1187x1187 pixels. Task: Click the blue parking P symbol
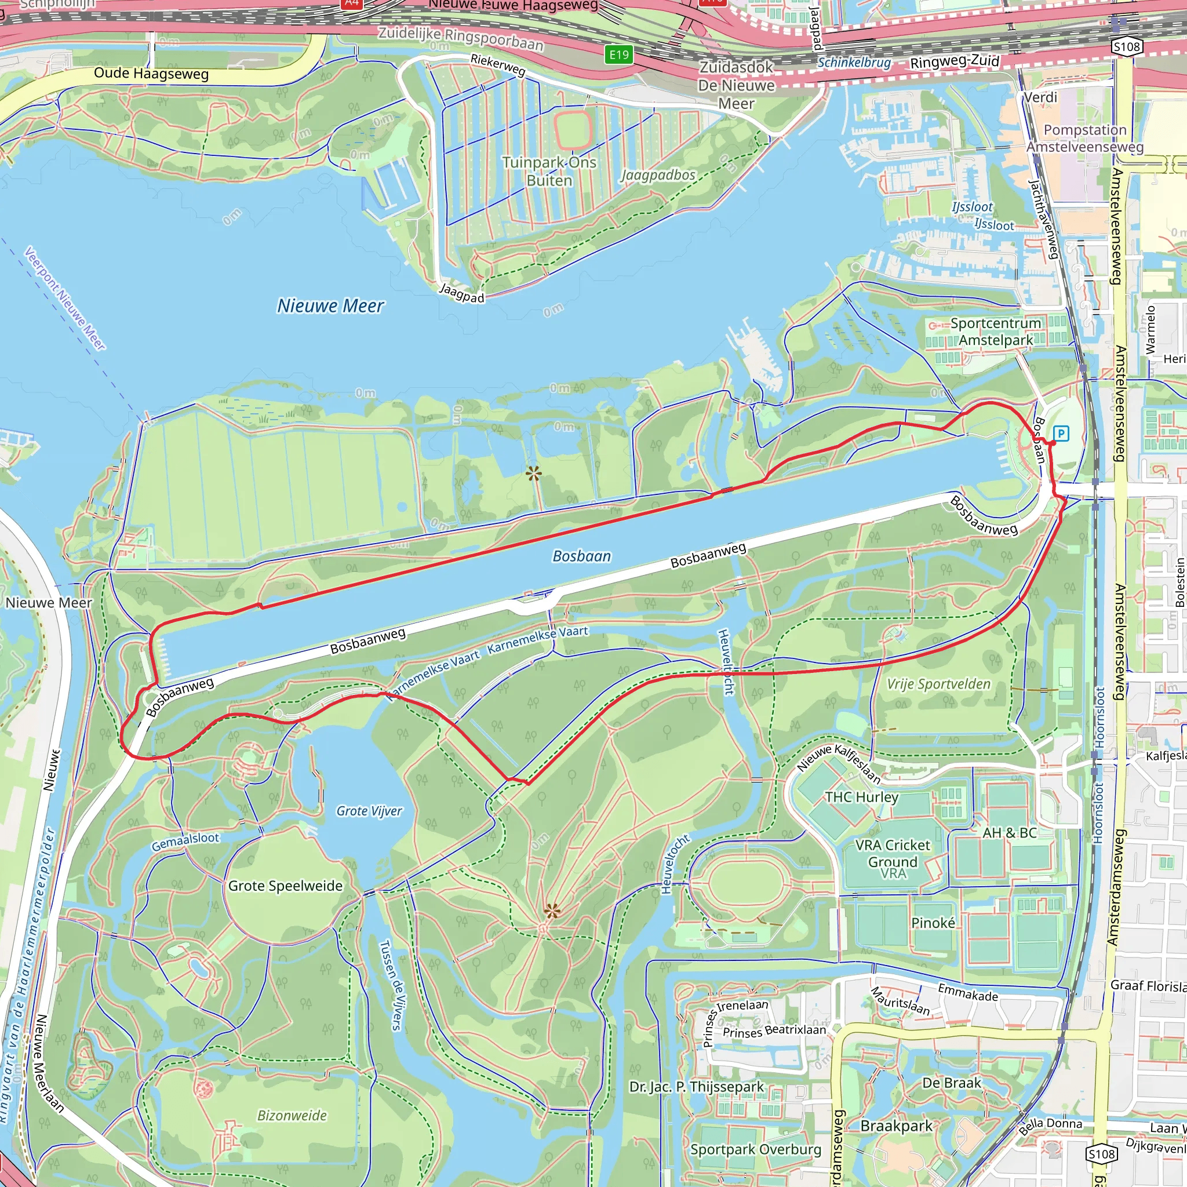point(1061,433)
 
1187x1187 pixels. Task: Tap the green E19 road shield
point(618,54)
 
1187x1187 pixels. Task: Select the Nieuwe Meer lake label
point(330,305)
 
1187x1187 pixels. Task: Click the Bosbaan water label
point(581,556)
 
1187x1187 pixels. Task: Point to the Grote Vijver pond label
point(369,811)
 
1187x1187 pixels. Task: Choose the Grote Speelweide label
point(285,886)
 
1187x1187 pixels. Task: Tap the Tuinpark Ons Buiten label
point(549,172)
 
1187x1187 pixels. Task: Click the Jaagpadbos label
point(657,175)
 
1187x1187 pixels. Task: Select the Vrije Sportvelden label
point(938,684)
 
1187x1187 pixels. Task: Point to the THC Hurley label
point(861,797)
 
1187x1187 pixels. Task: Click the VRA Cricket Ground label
point(893,853)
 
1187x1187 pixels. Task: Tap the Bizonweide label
point(292,1115)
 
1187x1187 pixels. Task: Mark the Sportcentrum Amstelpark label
point(995,332)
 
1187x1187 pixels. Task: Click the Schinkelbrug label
point(854,62)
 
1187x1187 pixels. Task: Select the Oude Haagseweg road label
point(151,74)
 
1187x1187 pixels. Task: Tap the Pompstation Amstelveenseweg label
point(1085,139)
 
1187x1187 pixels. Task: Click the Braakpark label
point(897,1126)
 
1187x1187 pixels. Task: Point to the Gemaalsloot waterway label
point(185,842)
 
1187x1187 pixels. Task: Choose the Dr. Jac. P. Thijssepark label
point(696,1086)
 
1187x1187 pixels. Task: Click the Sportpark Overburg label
point(755,1149)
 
